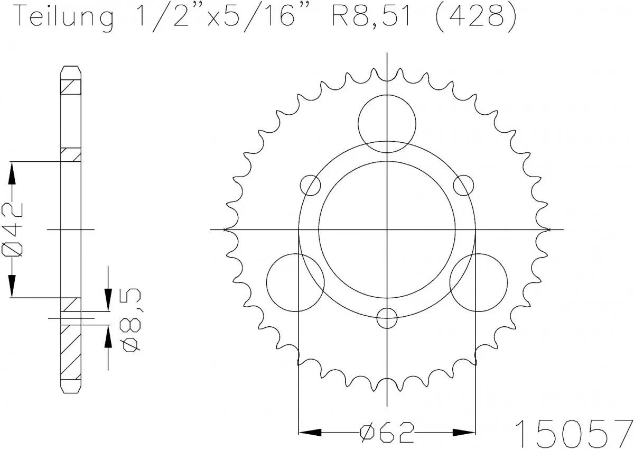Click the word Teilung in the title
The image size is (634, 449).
64,17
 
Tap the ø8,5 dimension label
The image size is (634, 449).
130,320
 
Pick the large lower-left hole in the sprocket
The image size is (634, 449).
295,282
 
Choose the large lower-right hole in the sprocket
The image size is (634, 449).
478,282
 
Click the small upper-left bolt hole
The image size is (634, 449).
311,185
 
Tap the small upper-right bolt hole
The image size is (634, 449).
463,185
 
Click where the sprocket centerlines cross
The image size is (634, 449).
387,230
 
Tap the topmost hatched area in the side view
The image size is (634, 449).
71,86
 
